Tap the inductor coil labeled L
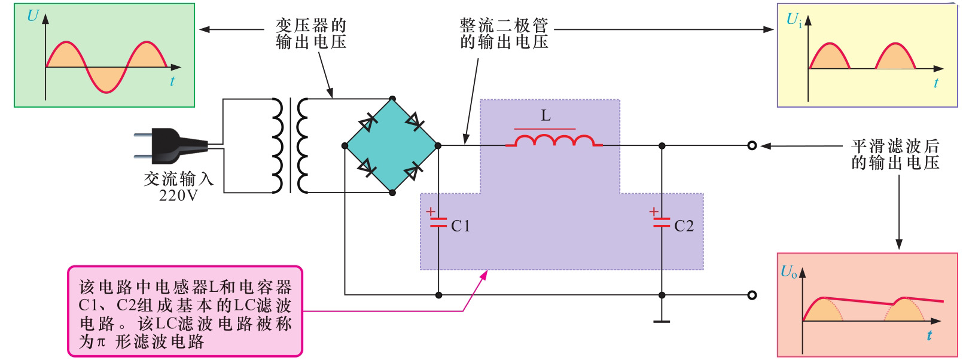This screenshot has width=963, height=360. tap(554, 141)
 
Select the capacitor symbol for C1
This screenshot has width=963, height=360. tap(438, 223)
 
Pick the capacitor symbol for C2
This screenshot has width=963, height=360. tap(662, 223)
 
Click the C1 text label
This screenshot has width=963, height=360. tap(461, 226)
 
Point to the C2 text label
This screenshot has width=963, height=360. tap(684, 226)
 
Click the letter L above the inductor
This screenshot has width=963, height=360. tap(546, 116)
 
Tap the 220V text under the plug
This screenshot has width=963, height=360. tap(178, 195)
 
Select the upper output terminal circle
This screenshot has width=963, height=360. tap(752, 145)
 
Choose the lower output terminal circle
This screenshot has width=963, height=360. tap(752, 295)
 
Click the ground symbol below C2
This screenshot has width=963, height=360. tap(662, 321)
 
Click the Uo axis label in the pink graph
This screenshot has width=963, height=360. tap(789, 272)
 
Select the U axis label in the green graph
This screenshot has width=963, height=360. tap(33, 16)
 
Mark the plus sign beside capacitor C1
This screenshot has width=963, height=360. tap(430, 211)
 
